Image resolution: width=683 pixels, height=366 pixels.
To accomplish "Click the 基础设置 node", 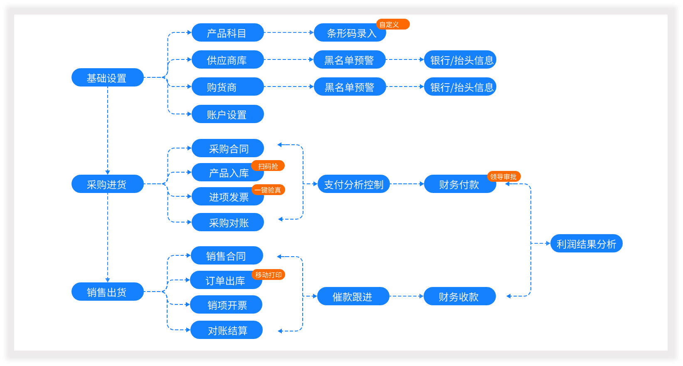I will click(107, 78).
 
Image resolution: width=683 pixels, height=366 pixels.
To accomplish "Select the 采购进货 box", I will click(107, 184).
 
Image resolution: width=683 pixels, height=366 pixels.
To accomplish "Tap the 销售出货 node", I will click(107, 292).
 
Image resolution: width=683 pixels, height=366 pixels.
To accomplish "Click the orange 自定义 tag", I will click(392, 25).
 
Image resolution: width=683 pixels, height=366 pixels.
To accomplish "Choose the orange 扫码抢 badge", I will click(268, 166).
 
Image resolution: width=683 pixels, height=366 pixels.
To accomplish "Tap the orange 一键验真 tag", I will click(268, 190).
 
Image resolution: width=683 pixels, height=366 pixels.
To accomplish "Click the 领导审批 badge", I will click(503, 177).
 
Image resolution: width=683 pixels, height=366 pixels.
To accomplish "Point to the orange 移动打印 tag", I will click(268, 275).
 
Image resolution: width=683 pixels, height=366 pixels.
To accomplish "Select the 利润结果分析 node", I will click(586, 244).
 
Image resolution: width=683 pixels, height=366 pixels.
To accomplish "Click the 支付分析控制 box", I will click(353, 184).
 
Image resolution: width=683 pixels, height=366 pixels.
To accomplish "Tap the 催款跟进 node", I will click(353, 297).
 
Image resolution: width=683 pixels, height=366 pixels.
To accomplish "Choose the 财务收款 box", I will click(459, 297).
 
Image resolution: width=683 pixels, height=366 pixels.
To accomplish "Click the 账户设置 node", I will click(227, 114).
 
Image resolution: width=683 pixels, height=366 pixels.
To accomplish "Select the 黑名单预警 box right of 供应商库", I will click(349, 60).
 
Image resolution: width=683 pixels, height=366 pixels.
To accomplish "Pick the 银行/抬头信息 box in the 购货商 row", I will click(460, 87).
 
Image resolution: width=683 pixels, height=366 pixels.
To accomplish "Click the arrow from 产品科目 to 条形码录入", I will click(288, 32).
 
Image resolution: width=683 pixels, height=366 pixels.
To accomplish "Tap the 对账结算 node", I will click(227, 330).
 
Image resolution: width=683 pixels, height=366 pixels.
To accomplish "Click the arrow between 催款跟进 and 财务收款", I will click(406, 296).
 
